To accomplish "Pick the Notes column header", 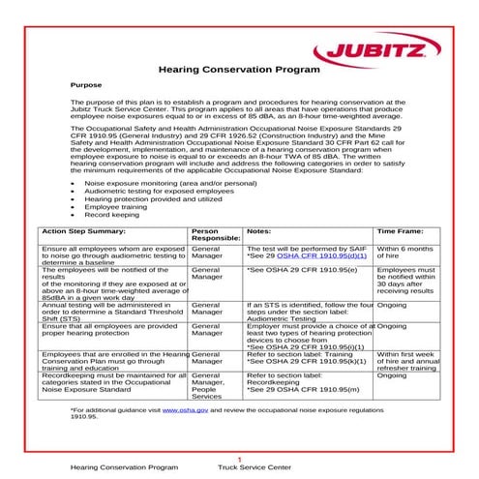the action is pyautogui.click(x=258, y=232).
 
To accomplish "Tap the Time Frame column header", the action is pyautogui.click(x=401, y=232).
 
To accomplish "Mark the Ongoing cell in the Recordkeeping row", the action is pyautogui.click(x=392, y=374).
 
